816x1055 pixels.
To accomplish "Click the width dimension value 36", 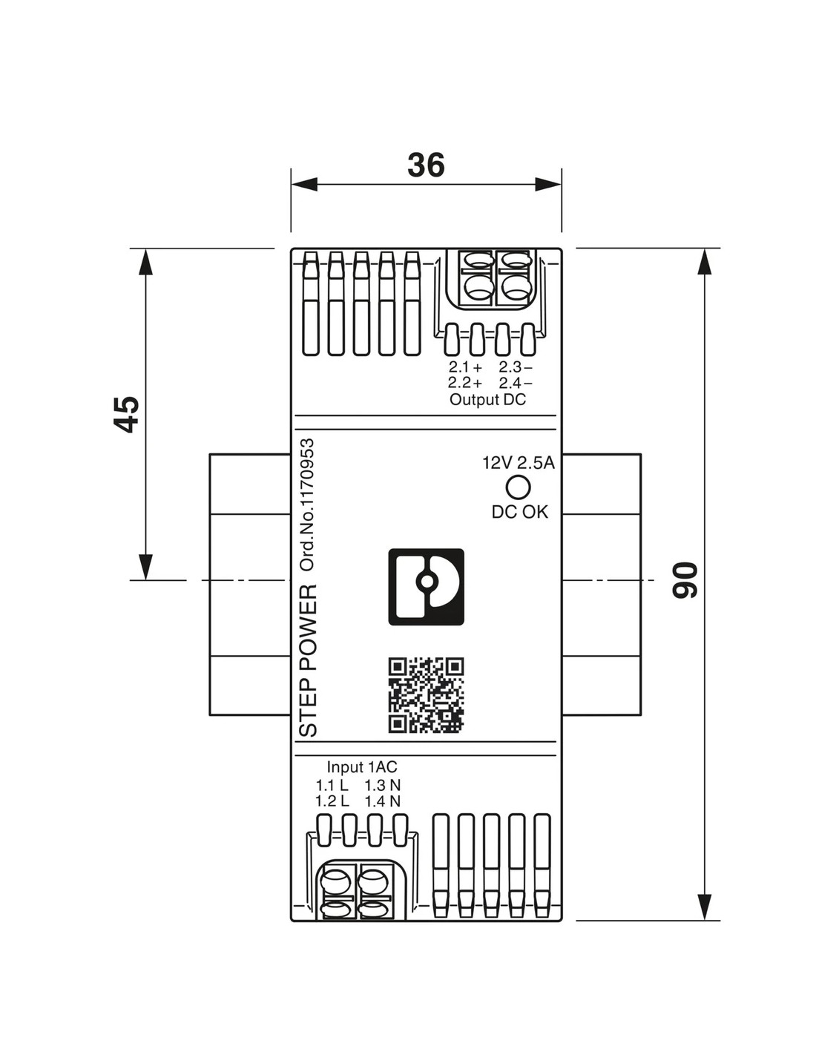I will (426, 165).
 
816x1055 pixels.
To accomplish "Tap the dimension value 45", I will (127, 414).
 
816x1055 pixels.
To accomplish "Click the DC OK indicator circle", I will (518, 487).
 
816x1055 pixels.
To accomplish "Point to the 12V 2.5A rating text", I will (518, 463).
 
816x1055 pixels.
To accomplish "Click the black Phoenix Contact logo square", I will (426, 587).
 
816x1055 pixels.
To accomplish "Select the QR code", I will (426, 695).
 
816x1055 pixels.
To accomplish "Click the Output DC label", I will (487, 400).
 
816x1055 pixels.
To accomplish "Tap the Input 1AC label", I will (362, 767).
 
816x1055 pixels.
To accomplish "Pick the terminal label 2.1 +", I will (465, 367).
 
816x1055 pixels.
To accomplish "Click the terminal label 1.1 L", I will (332, 785).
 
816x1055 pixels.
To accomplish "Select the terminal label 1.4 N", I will (382, 801).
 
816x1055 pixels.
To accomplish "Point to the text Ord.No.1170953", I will (306, 505).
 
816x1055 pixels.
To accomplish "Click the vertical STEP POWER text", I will (307, 660).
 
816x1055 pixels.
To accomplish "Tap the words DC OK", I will (519, 512).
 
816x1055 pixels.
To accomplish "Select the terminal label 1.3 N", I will (382, 785).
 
